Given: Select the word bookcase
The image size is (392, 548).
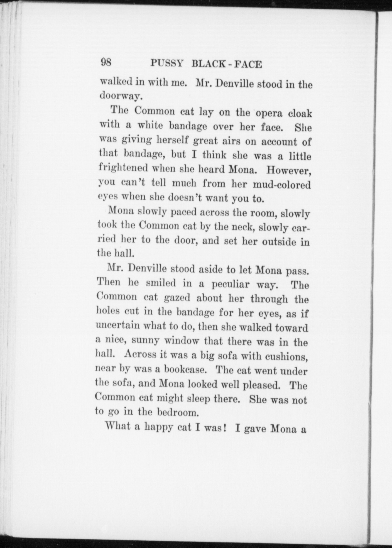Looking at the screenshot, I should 185,370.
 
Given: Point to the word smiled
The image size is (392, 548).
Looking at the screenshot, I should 161,283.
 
